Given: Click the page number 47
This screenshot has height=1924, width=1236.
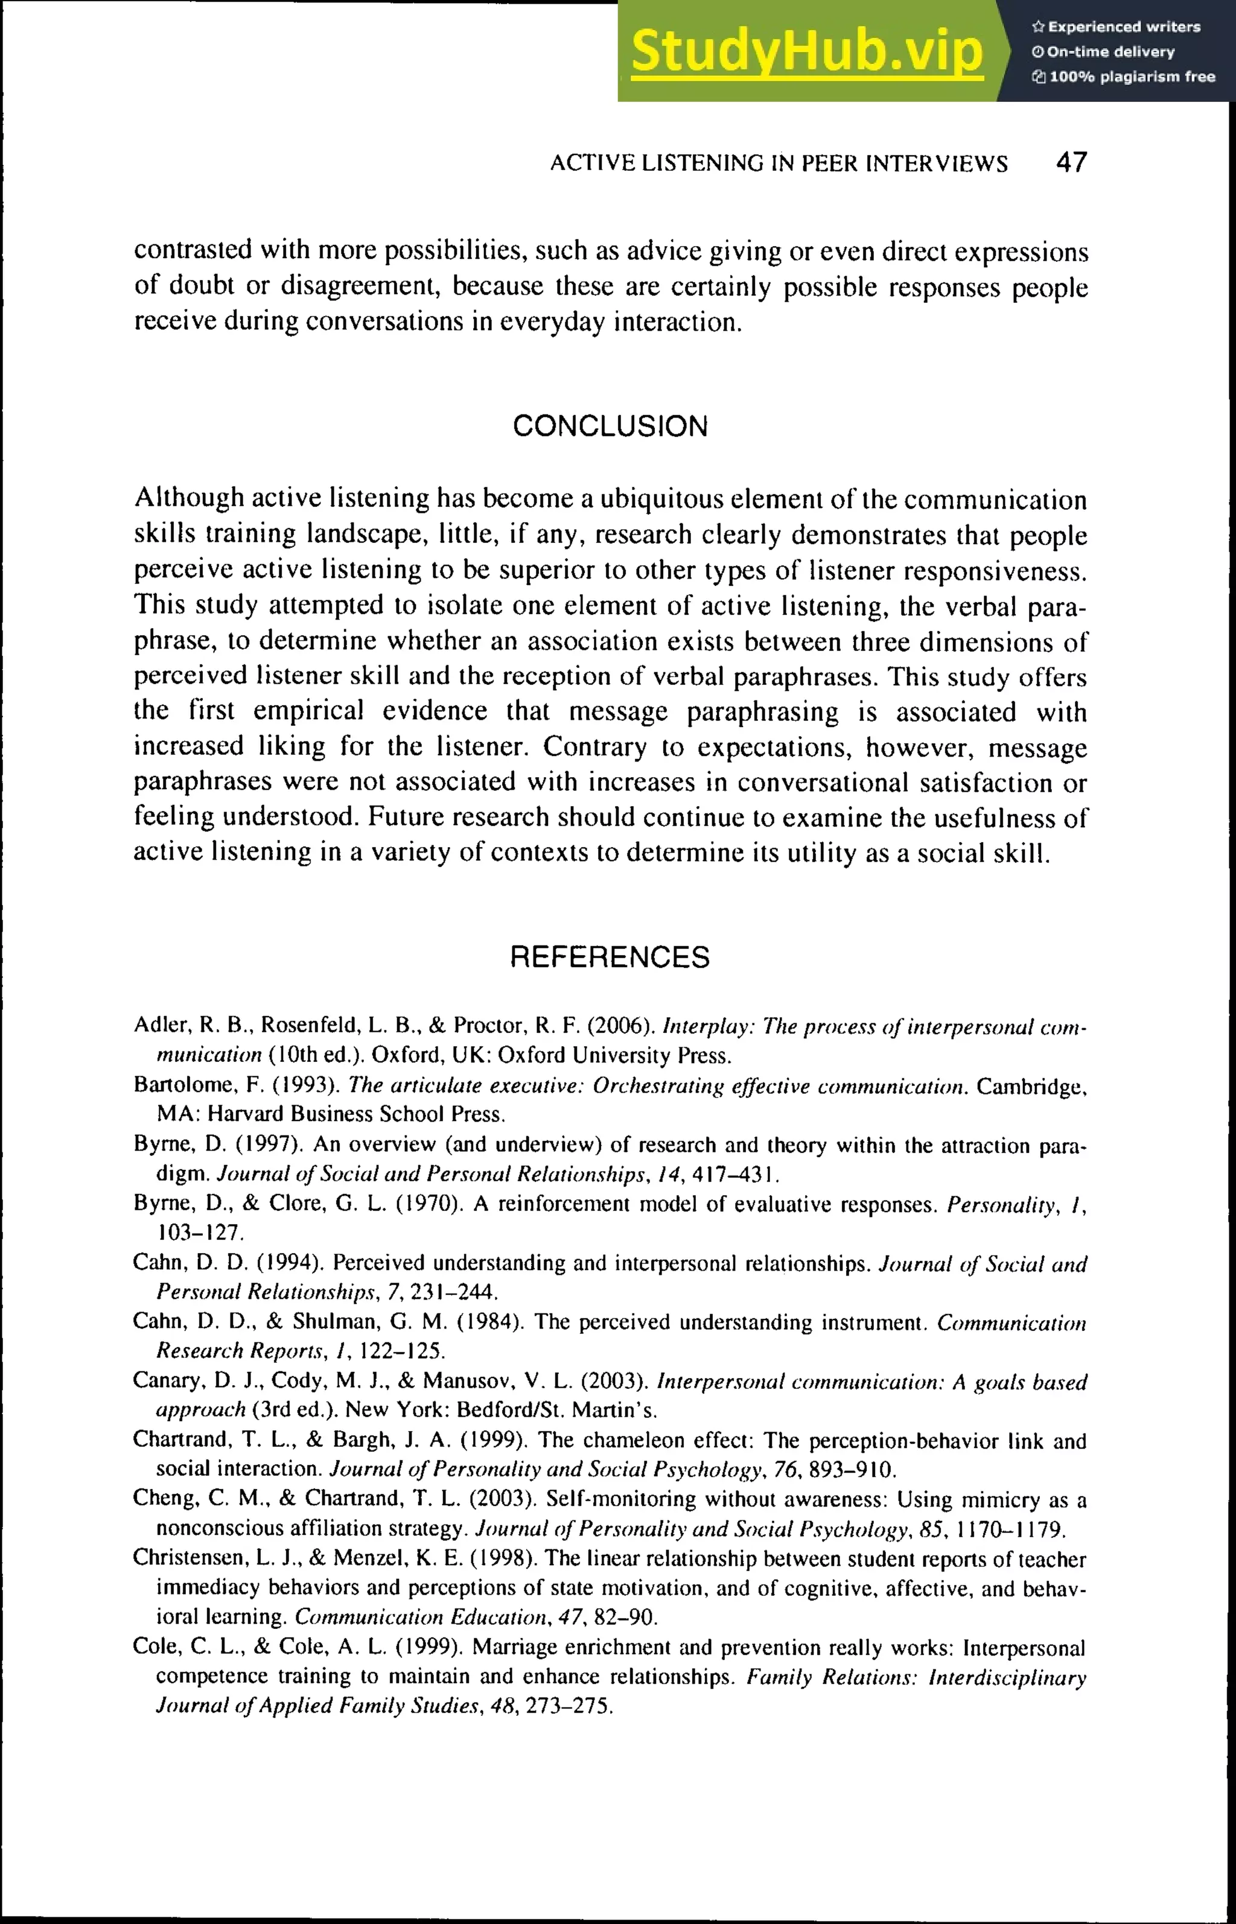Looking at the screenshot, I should (1071, 163).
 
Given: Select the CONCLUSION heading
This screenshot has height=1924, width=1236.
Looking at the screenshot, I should (610, 426).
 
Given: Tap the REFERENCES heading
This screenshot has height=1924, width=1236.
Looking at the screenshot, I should (610, 957).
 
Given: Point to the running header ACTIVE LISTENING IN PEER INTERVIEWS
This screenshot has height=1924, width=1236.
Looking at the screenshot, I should (779, 164).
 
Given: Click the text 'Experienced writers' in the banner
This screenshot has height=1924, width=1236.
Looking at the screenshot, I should (1124, 27).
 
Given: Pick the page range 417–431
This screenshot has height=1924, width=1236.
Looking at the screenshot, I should (735, 1175).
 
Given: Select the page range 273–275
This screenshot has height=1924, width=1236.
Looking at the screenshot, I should (569, 1705).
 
